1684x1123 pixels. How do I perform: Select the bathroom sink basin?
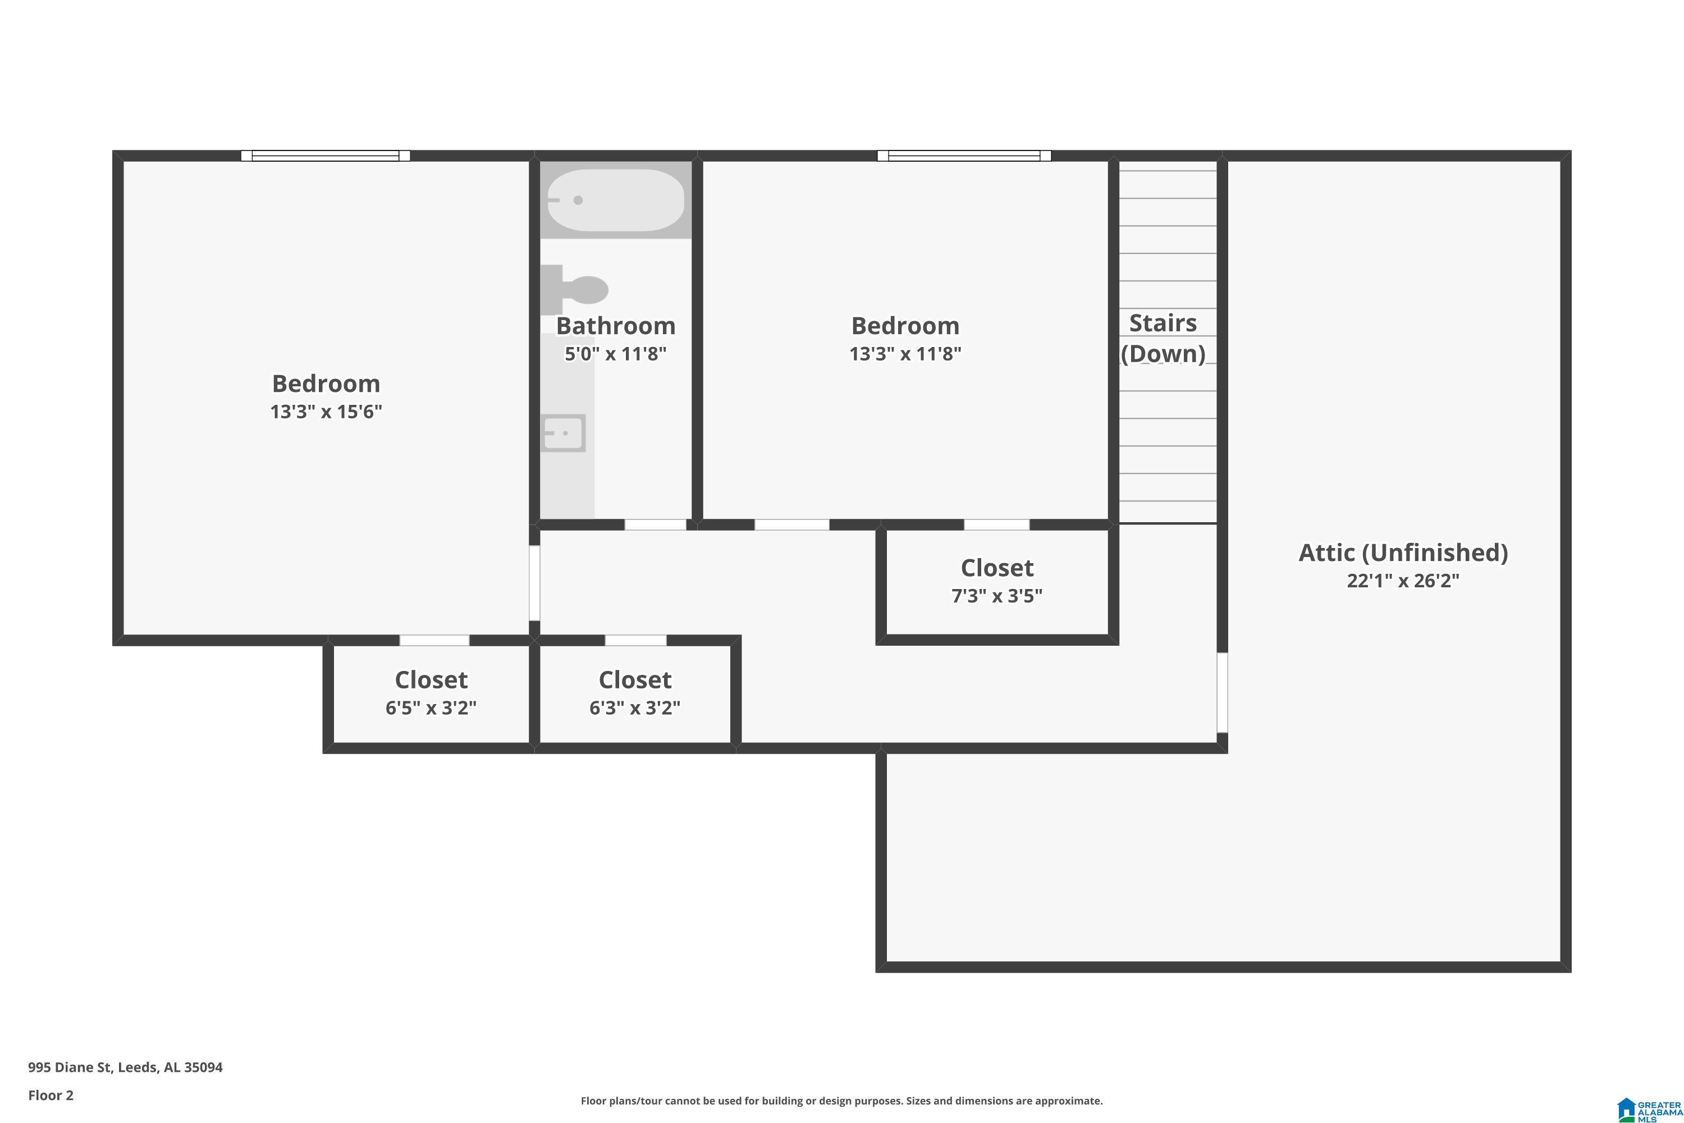pos(564,432)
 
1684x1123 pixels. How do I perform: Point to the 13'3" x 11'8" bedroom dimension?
pos(905,354)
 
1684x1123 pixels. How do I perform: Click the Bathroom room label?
pos(616,326)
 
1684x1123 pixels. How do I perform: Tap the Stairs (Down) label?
pos(1163,338)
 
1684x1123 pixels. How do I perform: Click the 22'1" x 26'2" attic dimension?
pos(1403,580)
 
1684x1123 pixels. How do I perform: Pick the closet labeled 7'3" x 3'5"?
pos(997,582)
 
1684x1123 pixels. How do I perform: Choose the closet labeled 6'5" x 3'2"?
pos(431,694)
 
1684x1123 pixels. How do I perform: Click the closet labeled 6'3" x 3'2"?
pos(635,694)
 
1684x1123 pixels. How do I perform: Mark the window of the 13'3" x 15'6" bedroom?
pos(326,156)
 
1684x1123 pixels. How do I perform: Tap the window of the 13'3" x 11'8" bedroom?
pos(964,156)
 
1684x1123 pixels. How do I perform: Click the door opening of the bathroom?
pos(655,525)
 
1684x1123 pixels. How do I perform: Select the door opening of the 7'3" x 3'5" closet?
pos(997,525)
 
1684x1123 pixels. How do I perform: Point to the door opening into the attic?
pos(1223,692)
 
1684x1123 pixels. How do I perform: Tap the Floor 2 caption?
pos(51,1095)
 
